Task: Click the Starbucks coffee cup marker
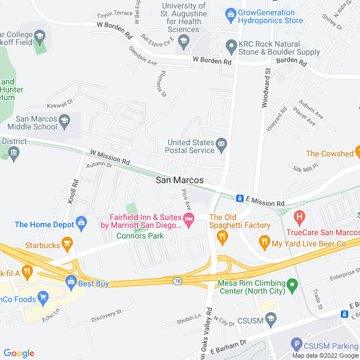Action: click(x=67, y=245)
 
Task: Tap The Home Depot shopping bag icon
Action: click(x=82, y=224)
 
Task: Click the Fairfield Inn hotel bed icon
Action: click(x=188, y=218)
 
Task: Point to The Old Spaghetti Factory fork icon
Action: click(x=222, y=236)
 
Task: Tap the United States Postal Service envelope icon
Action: click(x=222, y=146)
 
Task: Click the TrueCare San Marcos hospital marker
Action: click(x=299, y=215)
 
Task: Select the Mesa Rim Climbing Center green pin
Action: click(x=292, y=286)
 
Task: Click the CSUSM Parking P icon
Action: click(x=296, y=343)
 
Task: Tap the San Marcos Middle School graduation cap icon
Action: click(x=65, y=120)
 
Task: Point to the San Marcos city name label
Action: click(x=179, y=181)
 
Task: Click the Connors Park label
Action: click(x=140, y=236)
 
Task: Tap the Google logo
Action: click(x=19, y=353)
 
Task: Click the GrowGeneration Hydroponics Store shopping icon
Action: click(x=230, y=13)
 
